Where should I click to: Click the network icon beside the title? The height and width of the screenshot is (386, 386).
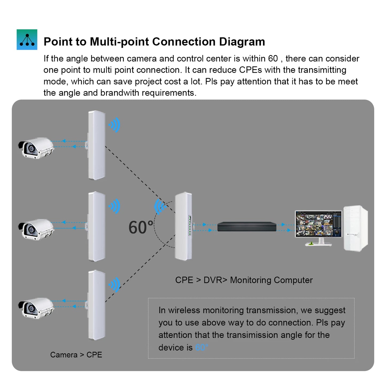click(x=27, y=40)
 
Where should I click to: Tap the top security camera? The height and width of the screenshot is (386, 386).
click(x=36, y=148)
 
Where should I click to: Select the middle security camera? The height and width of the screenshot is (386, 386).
click(x=36, y=229)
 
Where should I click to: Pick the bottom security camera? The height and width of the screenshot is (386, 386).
click(x=36, y=308)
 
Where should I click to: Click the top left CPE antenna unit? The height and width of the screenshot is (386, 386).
click(x=96, y=145)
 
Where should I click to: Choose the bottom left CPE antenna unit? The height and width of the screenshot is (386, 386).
click(x=96, y=305)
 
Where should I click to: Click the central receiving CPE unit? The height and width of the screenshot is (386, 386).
click(x=183, y=226)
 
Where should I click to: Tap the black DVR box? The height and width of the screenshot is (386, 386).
click(x=247, y=227)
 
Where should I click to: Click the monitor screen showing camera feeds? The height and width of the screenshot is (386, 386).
click(x=318, y=224)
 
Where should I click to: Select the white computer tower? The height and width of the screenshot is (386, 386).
click(x=356, y=228)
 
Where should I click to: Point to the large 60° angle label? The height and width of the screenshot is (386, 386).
click(x=141, y=228)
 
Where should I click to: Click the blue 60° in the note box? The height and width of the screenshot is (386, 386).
click(x=202, y=348)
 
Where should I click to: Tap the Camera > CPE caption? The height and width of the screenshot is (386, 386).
click(x=76, y=355)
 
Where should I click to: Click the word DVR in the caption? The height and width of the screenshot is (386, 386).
click(x=213, y=280)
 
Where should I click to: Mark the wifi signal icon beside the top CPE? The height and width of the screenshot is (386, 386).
click(x=115, y=125)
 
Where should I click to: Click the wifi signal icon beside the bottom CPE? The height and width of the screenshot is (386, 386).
click(x=115, y=285)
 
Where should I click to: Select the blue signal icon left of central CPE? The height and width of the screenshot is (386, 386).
click(x=159, y=206)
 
